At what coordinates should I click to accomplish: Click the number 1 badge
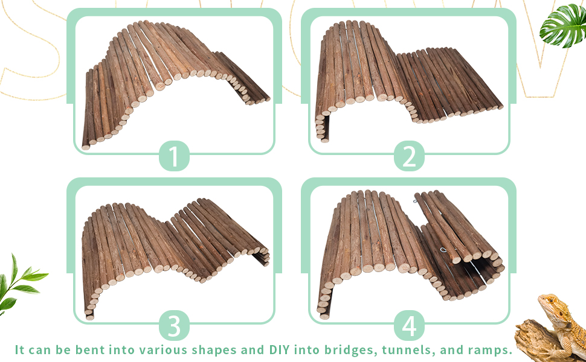(x=174, y=157)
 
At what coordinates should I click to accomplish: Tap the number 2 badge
(x=409, y=157)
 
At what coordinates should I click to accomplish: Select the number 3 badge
(x=174, y=326)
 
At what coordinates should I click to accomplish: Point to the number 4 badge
(x=409, y=326)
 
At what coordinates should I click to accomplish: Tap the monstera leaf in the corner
(x=563, y=25)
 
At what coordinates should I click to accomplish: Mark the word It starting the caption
(x=20, y=350)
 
